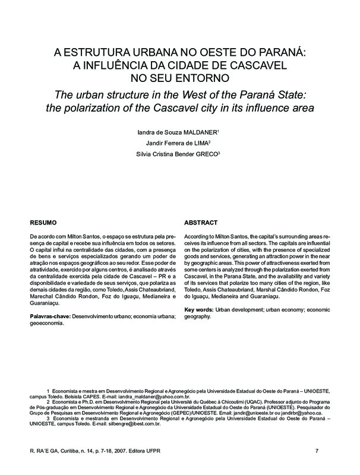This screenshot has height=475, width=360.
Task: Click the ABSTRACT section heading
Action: click(x=201, y=223)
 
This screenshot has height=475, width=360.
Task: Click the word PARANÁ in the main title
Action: click(x=280, y=52)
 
